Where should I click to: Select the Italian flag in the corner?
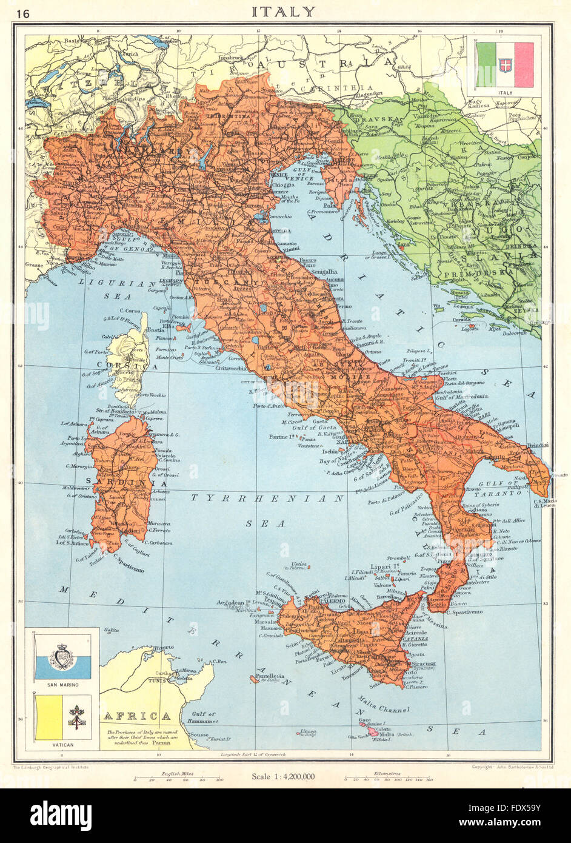point(504,65)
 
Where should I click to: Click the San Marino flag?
point(63,657)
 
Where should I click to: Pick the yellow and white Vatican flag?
point(63,717)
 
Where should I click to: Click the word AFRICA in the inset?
point(136,716)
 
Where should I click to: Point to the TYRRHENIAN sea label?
point(267,497)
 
